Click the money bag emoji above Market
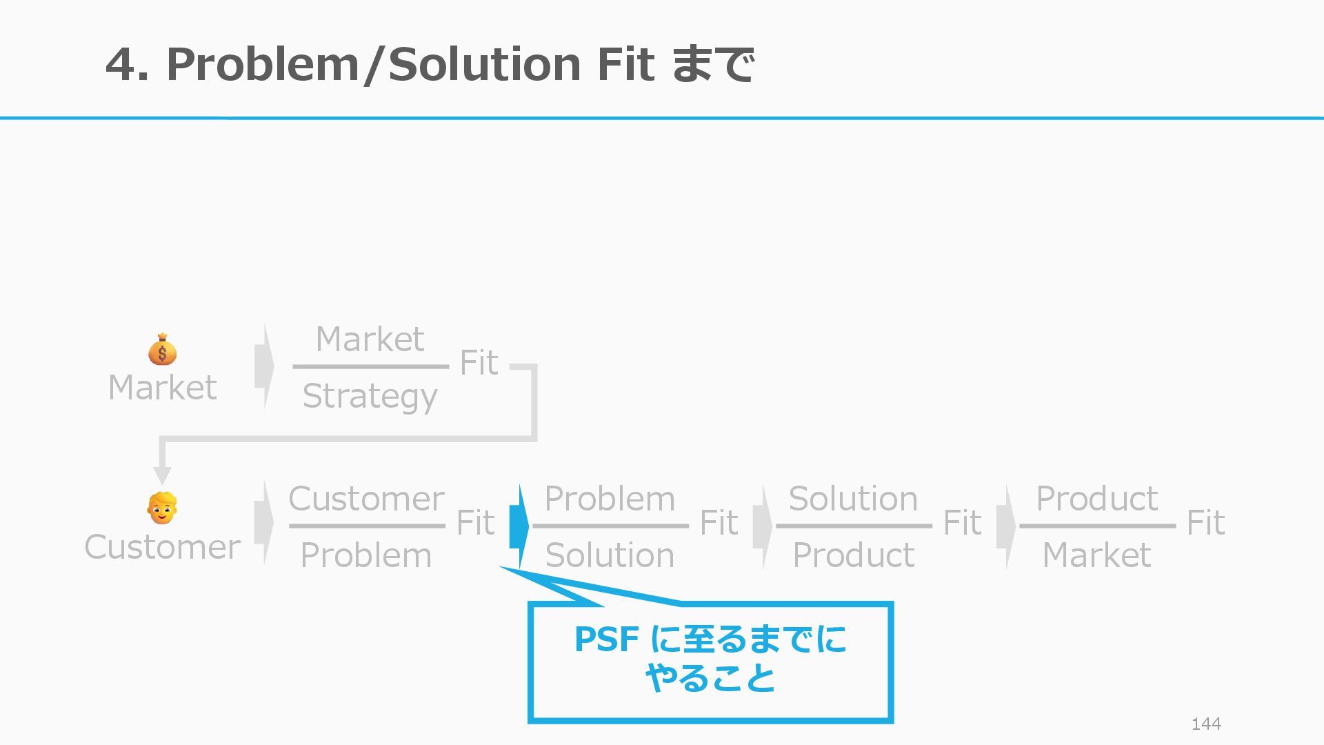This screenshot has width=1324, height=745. coord(162,349)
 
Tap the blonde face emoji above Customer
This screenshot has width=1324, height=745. coord(162,508)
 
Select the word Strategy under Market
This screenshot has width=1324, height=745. coord(370,396)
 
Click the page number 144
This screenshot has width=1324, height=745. coord(1206,724)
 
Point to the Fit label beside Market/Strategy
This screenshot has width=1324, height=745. coord(479,363)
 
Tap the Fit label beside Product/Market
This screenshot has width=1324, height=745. coord(1205,523)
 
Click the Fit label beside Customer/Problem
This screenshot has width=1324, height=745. coord(475,523)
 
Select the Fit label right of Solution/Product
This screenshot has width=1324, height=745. coord(962,523)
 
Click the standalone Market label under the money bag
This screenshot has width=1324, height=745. coord(163,388)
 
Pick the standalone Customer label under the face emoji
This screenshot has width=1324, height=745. coord(163,547)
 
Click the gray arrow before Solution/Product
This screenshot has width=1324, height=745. coord(762,526)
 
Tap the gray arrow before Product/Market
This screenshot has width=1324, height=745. coord(1005,526)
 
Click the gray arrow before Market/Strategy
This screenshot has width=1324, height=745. coord(263,366)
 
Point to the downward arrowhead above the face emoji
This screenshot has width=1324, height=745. coord(162,475)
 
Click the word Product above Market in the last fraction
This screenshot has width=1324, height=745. coord(1096,498)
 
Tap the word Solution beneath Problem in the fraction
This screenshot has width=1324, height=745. coord(610,555)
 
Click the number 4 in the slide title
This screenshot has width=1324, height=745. coord(121,64)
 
